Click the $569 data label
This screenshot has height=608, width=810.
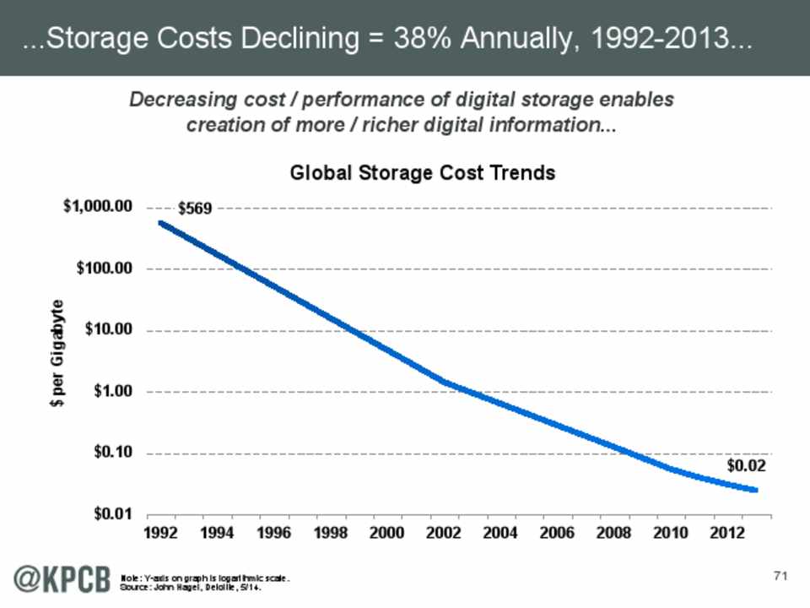click(x=195, y=208)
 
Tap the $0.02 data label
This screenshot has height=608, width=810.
click(x=747, y=465)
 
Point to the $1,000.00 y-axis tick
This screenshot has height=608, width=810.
click(x=99, y=207)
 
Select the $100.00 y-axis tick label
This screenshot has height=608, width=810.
click(x=105, y=269)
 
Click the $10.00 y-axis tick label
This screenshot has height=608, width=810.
click(x=109, y=330)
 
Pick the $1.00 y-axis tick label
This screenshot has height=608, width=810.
click(x=112, y=392)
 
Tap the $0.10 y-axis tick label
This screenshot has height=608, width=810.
click(x=112, y=453)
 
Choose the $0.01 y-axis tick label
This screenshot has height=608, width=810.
click(x=112, y=514)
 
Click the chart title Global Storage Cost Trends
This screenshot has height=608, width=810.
click(x=423, y=173)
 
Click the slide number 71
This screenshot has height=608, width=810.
click(x=780, y=576)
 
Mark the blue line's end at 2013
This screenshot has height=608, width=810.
click(x=755, y=490)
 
